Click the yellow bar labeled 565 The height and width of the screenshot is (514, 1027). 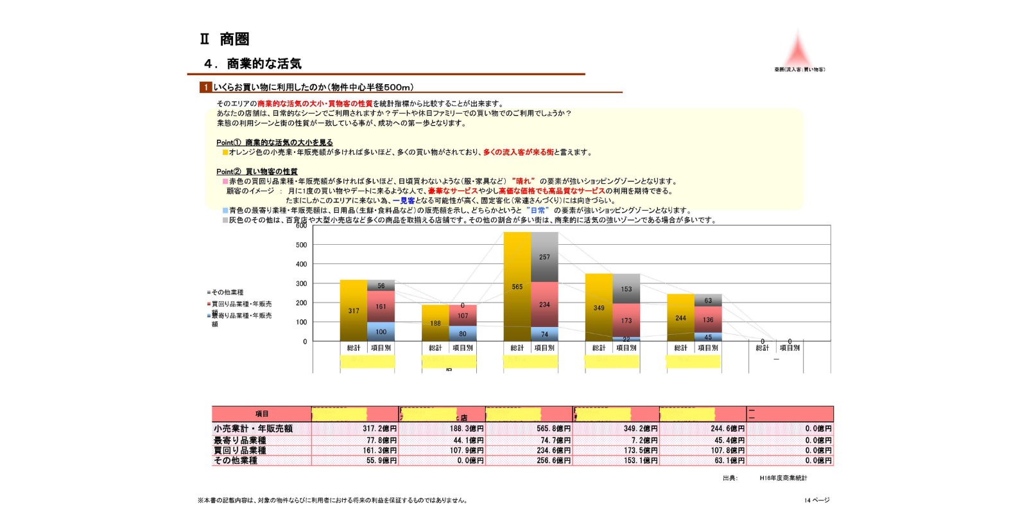coord(517,287)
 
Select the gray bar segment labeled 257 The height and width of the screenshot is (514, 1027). coord(544,257)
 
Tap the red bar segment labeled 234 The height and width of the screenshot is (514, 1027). coord(544,305)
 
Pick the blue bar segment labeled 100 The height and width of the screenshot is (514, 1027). coord(381,332)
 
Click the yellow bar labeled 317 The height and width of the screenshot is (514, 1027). coord(354,310)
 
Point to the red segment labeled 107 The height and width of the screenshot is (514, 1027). coord(463,315)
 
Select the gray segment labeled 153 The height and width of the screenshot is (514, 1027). coord(626,289)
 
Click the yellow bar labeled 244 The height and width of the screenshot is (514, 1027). coord(680,317)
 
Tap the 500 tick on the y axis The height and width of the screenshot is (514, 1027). coord(302,245)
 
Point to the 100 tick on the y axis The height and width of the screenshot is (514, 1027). coord(302,322)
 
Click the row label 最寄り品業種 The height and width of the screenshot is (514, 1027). coord(240,440)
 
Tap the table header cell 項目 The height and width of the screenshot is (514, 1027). coord(262,414)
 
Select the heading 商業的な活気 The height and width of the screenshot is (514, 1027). coord(264,64)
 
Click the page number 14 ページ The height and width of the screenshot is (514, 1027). coord(816,500)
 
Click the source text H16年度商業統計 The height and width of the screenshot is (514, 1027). coord(783,478)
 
